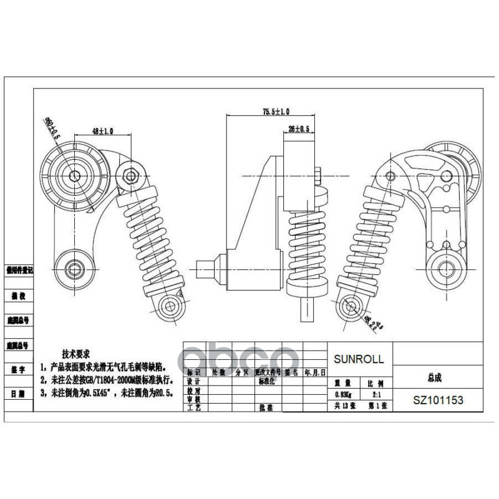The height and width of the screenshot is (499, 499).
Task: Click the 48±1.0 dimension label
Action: coord(102,132)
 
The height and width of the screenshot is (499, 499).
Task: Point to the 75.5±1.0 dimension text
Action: coord(275,112)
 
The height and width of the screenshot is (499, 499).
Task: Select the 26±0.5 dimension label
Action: coord(299,129)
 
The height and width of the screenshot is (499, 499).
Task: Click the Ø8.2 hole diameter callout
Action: coord(371,323)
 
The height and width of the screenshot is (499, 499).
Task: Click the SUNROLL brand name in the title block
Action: coord(359,359)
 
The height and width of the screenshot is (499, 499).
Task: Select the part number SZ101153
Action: coord(438,400)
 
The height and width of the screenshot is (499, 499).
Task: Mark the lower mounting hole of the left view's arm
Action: coord(77,269)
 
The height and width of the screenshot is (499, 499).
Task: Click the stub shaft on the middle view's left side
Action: coord(208,268)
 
